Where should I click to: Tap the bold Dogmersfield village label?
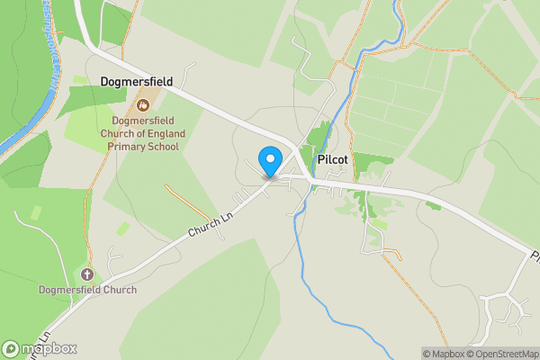coord(137,81)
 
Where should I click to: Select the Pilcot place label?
coord(332,159)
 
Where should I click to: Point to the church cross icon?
coord(87,274)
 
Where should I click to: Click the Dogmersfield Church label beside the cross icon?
coord(87,290)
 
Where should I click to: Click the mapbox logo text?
coord(49,349)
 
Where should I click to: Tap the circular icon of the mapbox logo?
coord(11,349)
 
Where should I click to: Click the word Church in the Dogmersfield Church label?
coord(117,290)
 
